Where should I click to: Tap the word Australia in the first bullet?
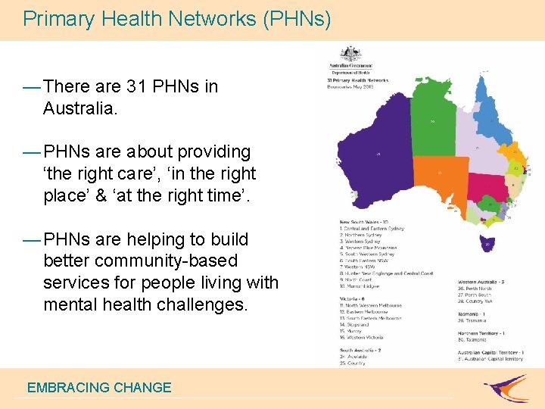(x=79, y=108)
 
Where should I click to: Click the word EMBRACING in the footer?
(x=68, y=388)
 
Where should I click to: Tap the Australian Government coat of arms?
(x=350, y=55)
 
